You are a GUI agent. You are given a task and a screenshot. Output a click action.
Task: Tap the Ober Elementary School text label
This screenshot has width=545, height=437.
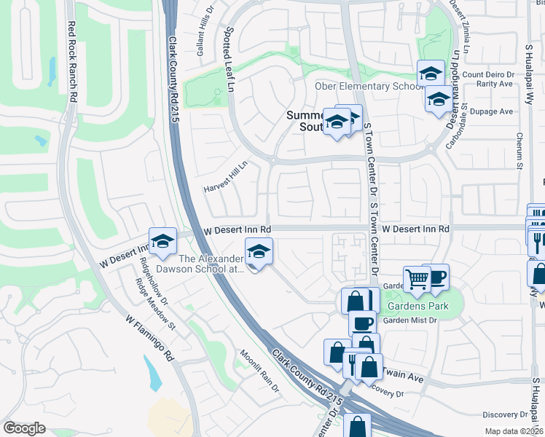click(368, 87)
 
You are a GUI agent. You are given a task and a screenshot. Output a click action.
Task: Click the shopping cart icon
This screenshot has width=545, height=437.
click(417, 279)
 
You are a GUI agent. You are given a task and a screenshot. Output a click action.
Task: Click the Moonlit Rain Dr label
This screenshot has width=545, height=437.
click(261, 369)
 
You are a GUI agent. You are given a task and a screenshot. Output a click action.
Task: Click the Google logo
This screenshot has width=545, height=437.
click(24, 428)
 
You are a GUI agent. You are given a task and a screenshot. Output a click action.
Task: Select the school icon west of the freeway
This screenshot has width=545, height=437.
click(162, 241)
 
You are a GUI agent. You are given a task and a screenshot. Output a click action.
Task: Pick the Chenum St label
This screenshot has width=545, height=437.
click(520, 150)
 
